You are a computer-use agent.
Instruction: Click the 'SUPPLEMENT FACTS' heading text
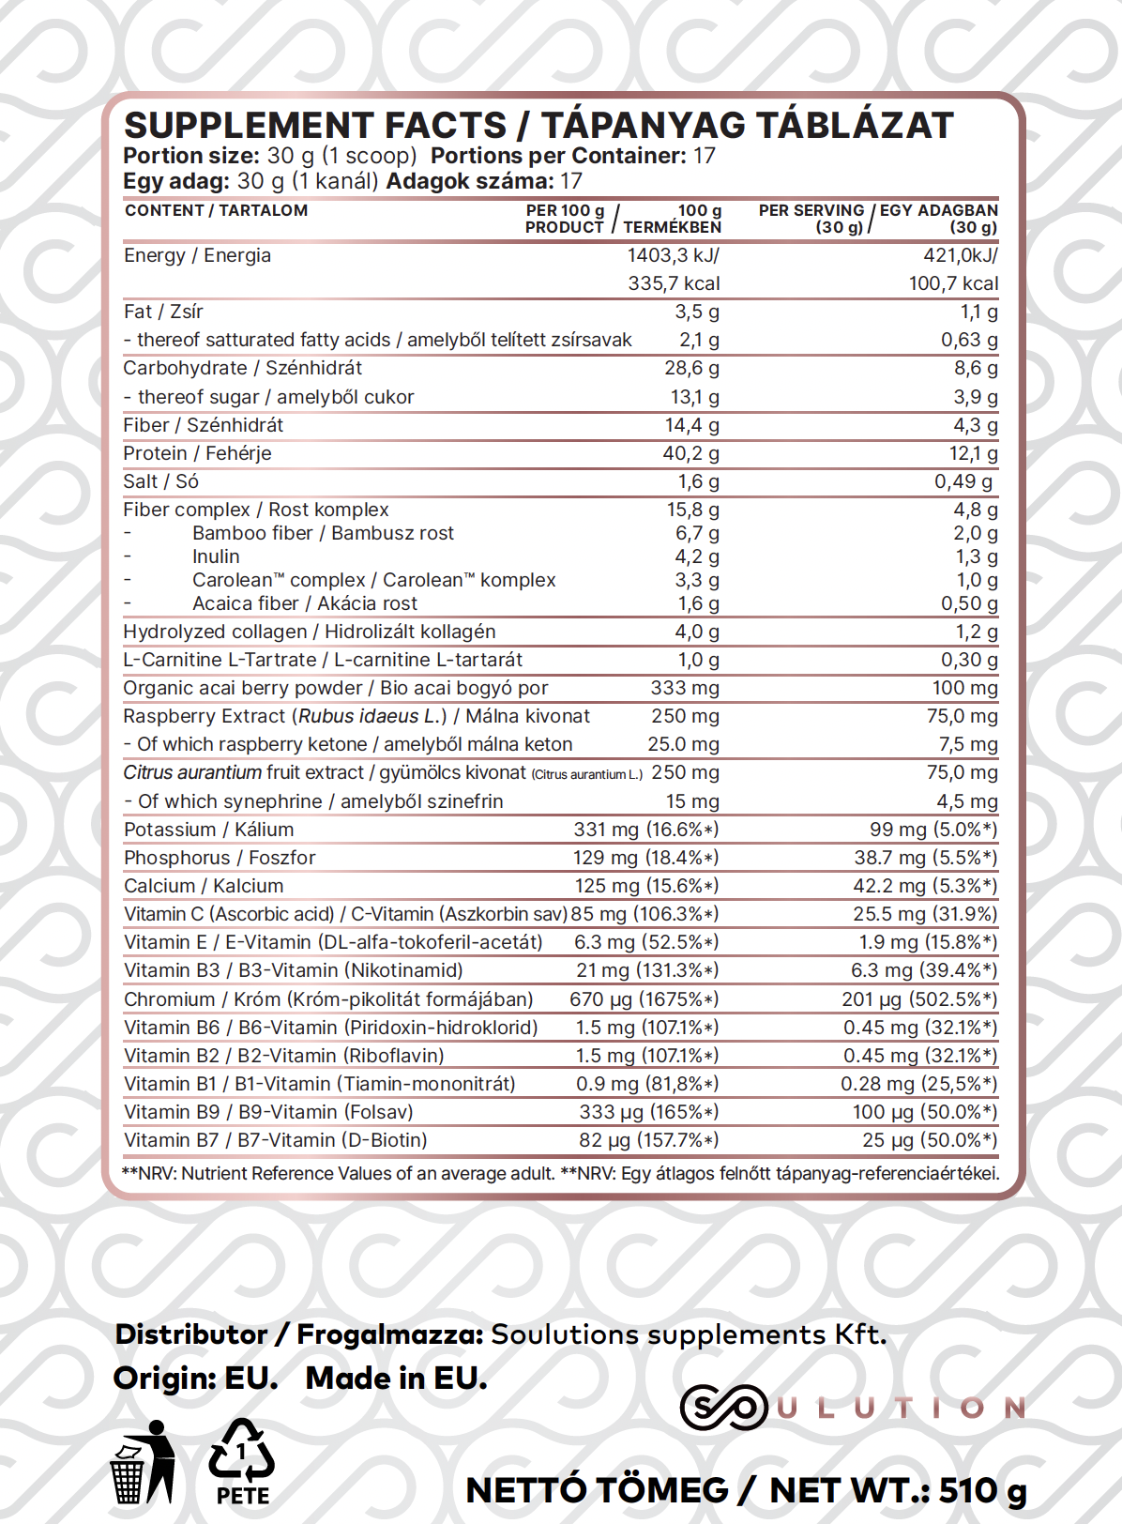[315, 126]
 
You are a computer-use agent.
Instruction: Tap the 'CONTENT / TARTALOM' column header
[216, 210]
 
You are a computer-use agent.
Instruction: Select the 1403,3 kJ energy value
[673, 255]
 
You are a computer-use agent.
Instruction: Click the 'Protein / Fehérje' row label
[197, 453]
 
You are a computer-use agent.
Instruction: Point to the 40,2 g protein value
[691, 453]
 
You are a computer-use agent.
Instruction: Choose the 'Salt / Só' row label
[160, 481]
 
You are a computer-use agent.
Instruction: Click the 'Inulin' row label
[216, 556]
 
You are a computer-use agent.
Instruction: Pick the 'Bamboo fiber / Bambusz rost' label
[323, 533]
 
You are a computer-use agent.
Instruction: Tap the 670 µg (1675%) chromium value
[644, 999]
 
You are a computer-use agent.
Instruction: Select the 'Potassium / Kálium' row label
[208, 830]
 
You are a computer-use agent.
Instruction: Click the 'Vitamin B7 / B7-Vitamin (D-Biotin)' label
[275, 1140]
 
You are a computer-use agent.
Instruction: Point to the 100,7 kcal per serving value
[953, 283]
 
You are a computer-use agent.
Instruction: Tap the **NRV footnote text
[560, 1173]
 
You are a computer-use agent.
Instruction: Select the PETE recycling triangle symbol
[242, 1453]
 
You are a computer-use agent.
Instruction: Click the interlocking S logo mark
[723, 1408]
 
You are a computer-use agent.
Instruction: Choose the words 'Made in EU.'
[396, 1379]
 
